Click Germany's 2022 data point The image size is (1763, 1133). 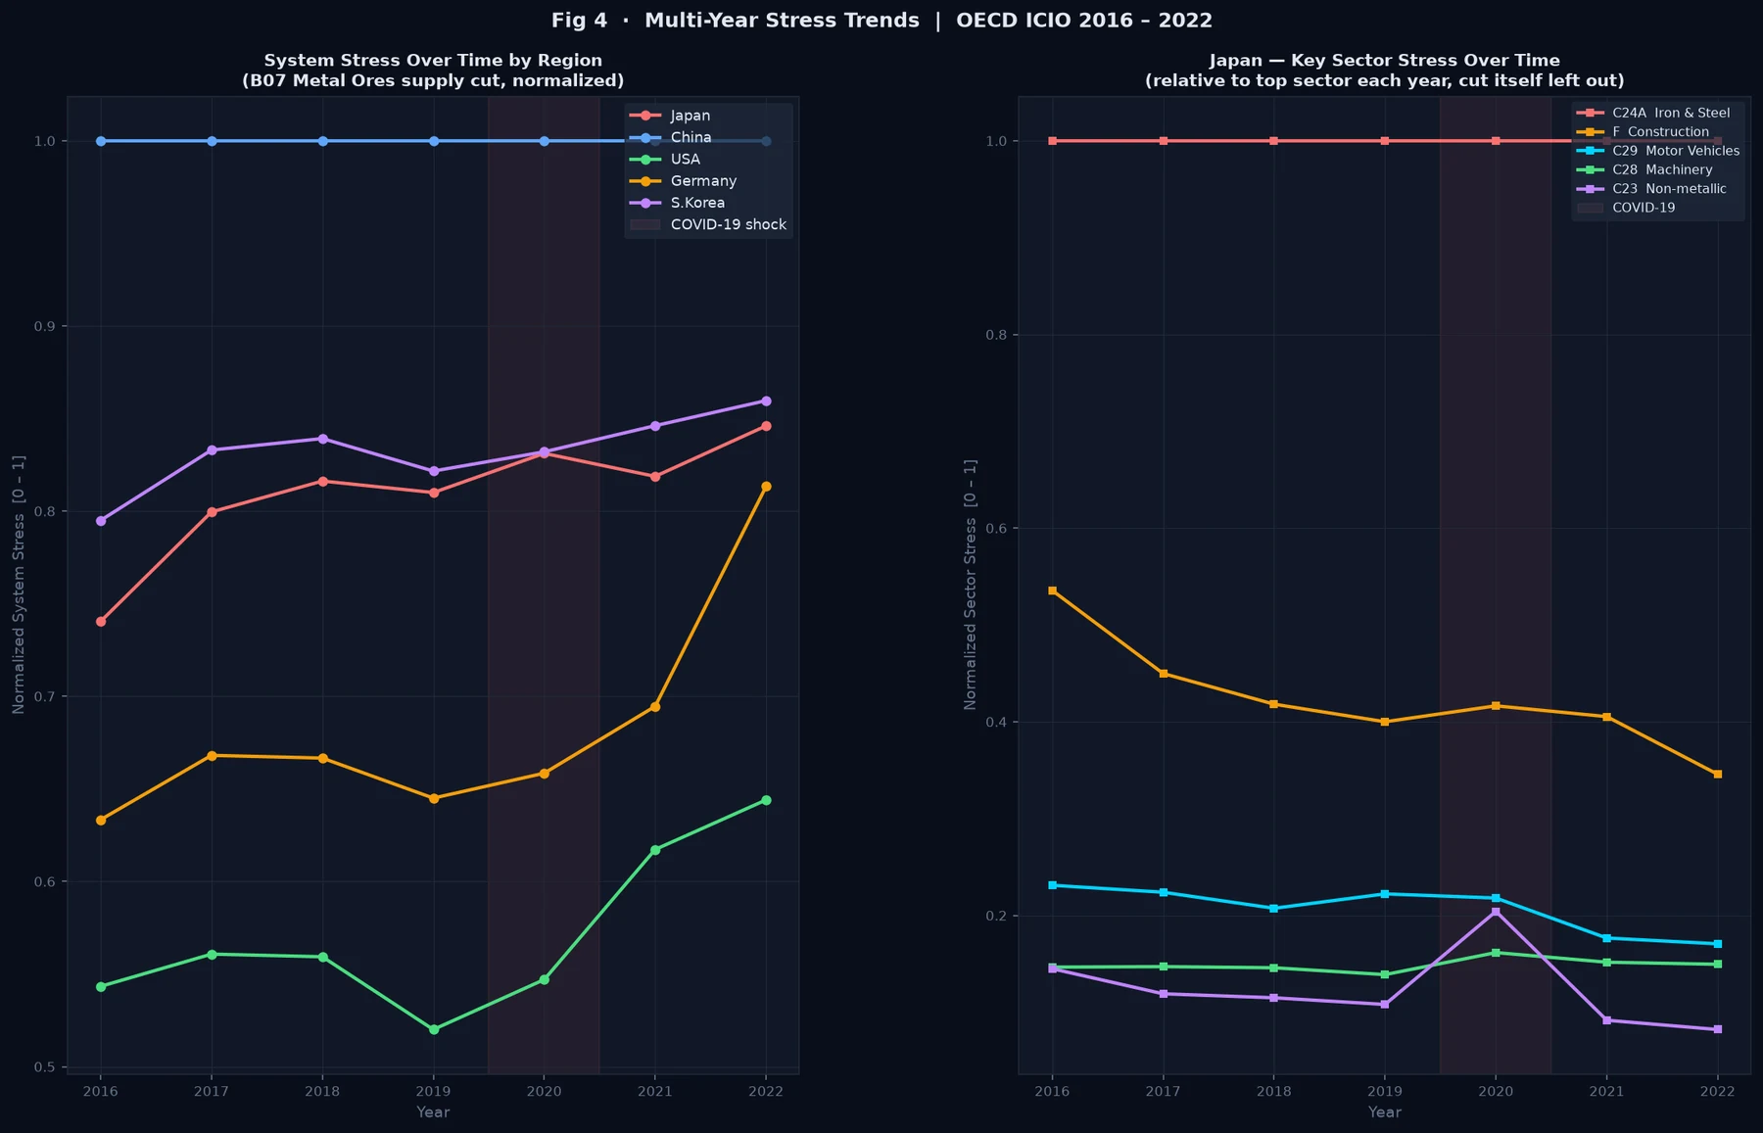pyautogui.click(x=766, y=487)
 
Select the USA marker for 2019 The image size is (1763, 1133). pyautogui.click(x=434, y=1029)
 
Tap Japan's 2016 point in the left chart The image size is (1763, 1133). pyautogui.click(x=101, y=622)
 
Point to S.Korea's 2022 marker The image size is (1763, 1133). pyautogui.click(x=766, y=401)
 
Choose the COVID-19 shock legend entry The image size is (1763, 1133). pyautogui.click(x=708, y=224)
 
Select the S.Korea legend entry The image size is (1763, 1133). pyautogui.click(x=677, y=203)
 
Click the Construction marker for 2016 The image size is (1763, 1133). pyautogui.click(x=1053, y=590)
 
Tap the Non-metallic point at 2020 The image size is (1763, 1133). pyautogui.click(x=1496, y=912)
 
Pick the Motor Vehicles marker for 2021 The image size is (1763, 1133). pyautogui.click(x=1606, y=938)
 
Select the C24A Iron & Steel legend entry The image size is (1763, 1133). pyautogui.click(x=1653, y=113)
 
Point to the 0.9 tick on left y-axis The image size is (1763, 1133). pyautogui.click(x=44, y=326)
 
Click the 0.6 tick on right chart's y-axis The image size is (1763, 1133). pyautogui.click(x=996, y=529)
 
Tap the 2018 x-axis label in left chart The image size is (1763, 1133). pyautogui.click(x=322, y=1091)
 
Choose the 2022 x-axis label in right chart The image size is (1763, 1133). pyautogui.click(x=1717, y=1091)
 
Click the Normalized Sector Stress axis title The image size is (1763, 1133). pyautogui.click(x=971, y=585)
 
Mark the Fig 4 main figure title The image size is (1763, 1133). pyautogui.click(x=881, y=21)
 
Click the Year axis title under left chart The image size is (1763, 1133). pyautogui.click(x=433, y=1112)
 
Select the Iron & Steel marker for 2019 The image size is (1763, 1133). pyautogui.click(x=1385, y=141)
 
